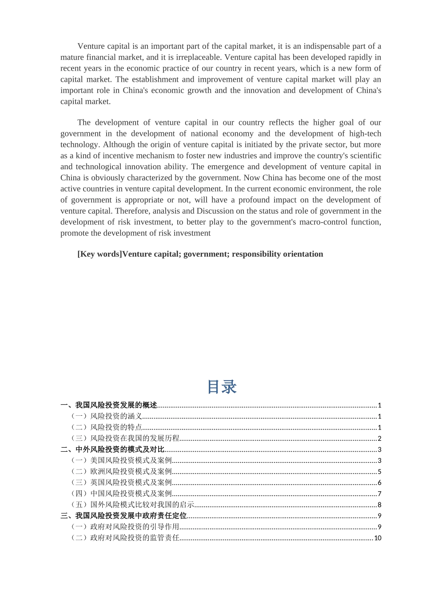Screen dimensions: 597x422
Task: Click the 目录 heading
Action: (x=222, y=387)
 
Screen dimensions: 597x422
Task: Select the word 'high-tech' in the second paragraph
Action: (x=365, y=133)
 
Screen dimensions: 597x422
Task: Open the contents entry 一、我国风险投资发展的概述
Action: (x=109, y=405)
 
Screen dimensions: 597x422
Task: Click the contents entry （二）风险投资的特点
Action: (x=107, y=427)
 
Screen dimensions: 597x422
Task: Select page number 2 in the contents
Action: (x=379, y=438)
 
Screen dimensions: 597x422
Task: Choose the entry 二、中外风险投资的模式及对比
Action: (x=112, y=450)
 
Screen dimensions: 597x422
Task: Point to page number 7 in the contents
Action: (x=379, y=494)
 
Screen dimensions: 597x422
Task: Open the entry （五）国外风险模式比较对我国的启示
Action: (x=132, y=505)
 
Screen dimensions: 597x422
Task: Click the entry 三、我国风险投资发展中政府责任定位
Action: (x=123, y=516)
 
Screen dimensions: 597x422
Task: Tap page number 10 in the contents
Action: (x=378, y=538)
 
